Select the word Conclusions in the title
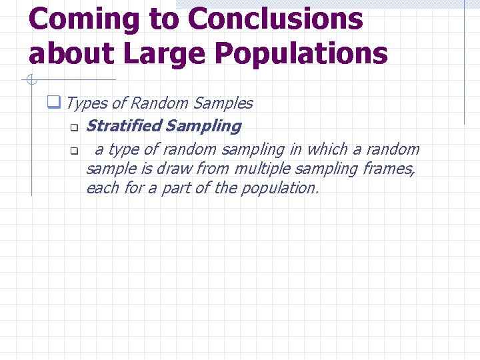point(275,19)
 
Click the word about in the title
point(69,53)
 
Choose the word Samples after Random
point(223,103)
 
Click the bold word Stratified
point(124,125)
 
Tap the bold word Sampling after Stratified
point(203,125)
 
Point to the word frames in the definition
point(389,169)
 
